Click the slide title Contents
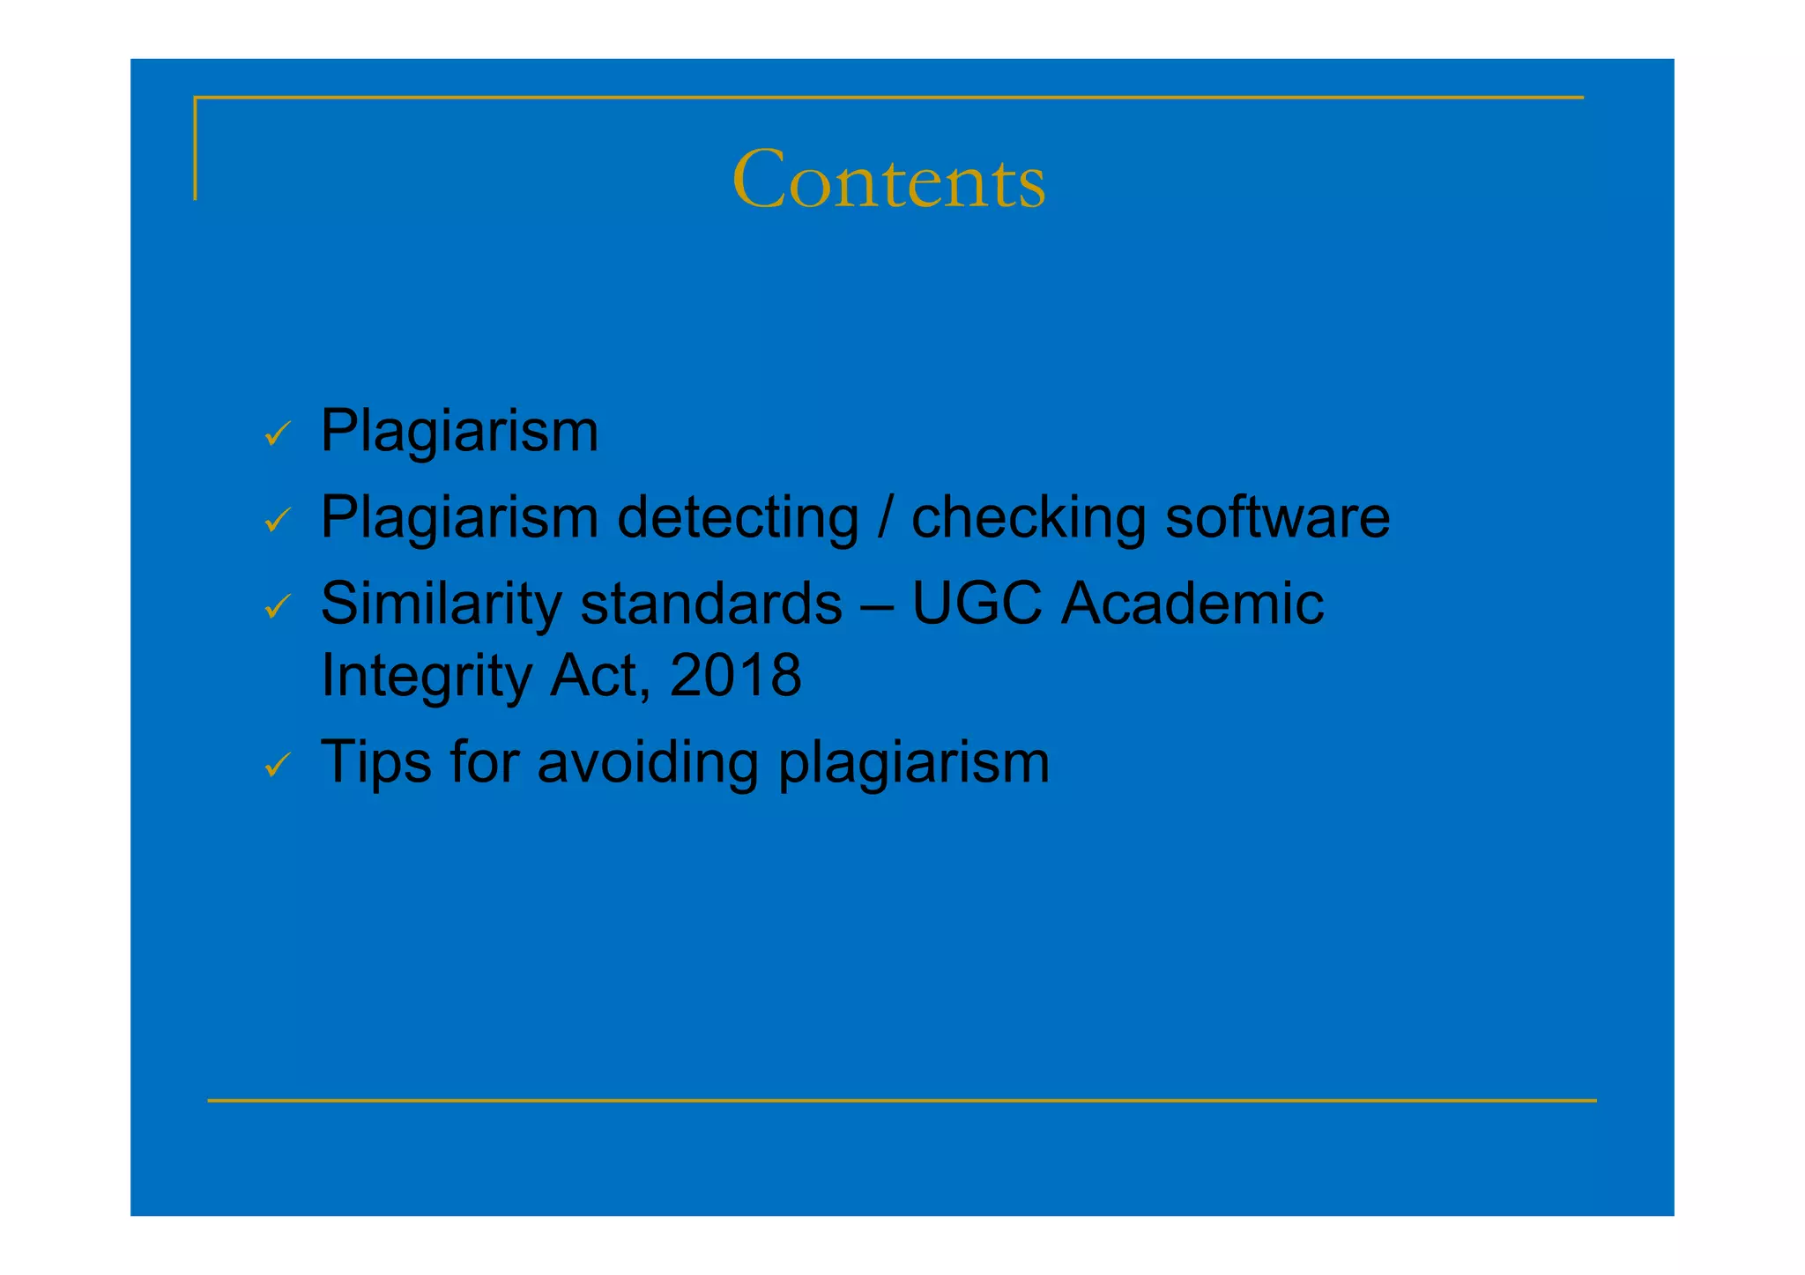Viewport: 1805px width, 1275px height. [x=888, y=181]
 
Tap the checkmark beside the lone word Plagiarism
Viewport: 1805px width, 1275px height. [x=278, y=434]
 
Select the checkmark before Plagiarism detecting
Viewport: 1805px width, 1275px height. [x=278, y=520]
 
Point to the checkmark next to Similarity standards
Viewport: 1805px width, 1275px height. [x=278, y=606]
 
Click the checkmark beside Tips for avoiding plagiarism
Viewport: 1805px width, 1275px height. [x=278, y=764]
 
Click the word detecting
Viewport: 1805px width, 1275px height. [x=738, y=518]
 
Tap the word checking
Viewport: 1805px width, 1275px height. [x=1029, y=518]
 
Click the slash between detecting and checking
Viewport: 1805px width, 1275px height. [x=885, y=518]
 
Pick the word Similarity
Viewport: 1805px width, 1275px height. [x=441, y=604]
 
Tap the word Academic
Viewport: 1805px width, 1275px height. [x=1192, y=604]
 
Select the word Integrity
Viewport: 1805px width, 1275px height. [x=426, y=677]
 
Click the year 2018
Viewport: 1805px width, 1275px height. [x=735, y=675]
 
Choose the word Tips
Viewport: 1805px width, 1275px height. [x=376, y=763]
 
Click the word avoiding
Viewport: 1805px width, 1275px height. [x=648, y=763]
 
